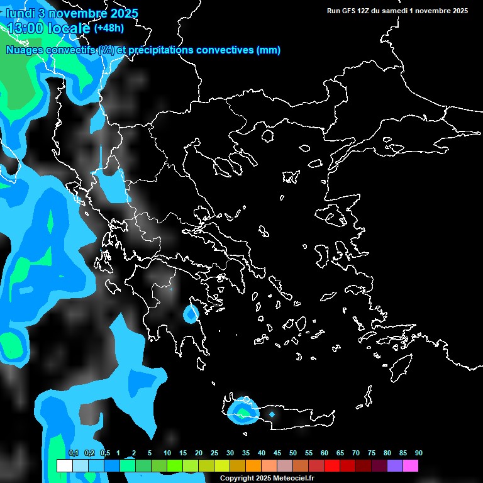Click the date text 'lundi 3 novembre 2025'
(x=72, y=13)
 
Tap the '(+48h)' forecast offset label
(x=109, y=28)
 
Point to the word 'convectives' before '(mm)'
(x=225, y=50)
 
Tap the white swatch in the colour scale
(x=64, y=466)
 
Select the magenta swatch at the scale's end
(x=410, y=466)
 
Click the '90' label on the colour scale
(x=418, y=453)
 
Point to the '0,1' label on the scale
(x=73, y=453)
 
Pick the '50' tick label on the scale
(x=293, y=453)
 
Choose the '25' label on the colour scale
(x=214, y=453)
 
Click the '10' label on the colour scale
(x=167, y=453)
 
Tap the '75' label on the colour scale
(x=371, y=453)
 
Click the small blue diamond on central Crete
(x=272, y=414)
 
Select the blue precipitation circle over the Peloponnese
(x=191, y=313)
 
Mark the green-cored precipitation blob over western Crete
(x=242, y=412)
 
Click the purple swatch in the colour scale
(x=394, y=466)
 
